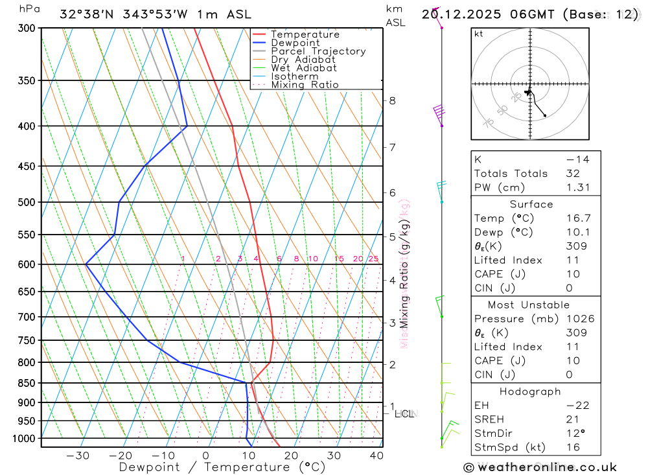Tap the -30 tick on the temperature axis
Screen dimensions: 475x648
[x=78, y=456]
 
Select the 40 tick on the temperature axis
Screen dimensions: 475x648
[x=376, y=456]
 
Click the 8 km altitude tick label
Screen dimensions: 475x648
[x=393, y=100]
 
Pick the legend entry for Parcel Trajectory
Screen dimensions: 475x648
[x=318, y=51]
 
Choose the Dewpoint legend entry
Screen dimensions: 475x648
[x=295, y=43]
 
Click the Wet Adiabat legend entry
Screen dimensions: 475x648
[x=304, y=68]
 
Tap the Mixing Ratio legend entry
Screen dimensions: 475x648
[x=305, y=85]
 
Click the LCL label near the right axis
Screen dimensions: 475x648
[x=404, y=413]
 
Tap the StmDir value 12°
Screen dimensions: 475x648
[x=577, y=434]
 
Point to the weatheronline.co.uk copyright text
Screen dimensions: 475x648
[x=540, y=467]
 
